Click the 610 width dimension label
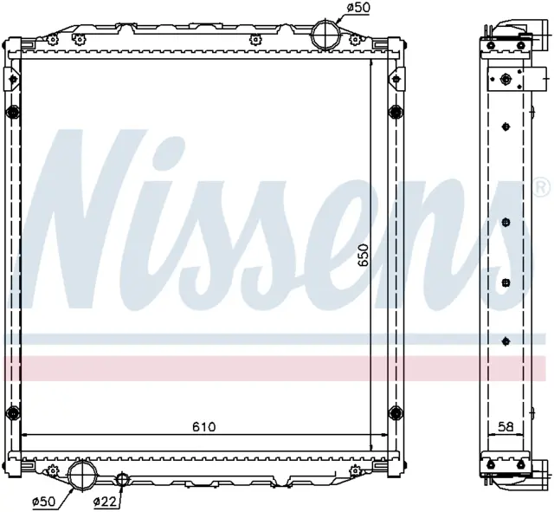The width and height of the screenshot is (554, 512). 204,427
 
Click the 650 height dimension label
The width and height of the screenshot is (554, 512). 363,255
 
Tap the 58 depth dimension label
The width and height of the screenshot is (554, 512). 506,427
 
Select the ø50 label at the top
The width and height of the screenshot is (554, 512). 358,8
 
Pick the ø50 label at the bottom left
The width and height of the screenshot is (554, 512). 43,501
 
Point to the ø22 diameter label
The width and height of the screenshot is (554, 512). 105,501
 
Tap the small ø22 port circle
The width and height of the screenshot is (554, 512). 122,479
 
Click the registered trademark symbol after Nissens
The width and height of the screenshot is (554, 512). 543,187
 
